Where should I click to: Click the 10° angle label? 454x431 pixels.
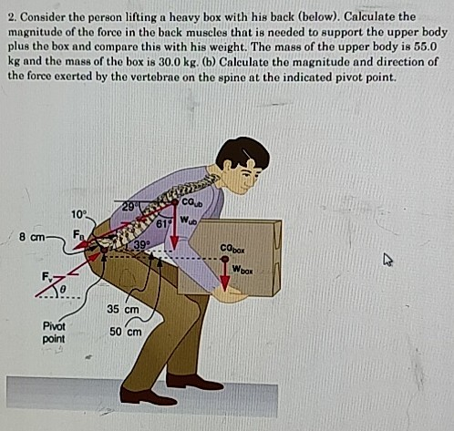point(79,213)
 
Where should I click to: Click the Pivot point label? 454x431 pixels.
point(52,332)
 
